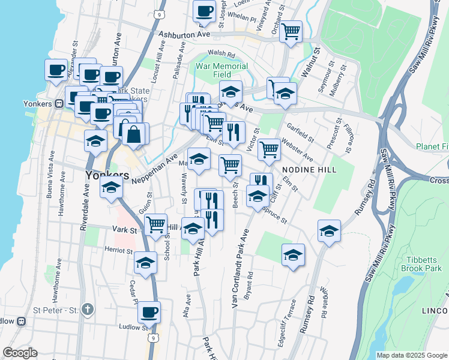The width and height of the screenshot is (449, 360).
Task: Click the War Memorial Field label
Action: [221, 71]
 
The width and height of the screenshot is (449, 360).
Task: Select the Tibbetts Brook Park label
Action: [424, 264]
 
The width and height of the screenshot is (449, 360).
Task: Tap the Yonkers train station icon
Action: [59, 103]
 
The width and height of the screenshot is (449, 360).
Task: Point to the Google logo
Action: [20, 353]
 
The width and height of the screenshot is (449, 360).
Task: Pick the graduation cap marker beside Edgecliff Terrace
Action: [293, 255]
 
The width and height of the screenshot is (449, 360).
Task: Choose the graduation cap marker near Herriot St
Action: [145, 263]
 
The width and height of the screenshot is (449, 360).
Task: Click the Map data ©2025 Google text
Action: [411, 355]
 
